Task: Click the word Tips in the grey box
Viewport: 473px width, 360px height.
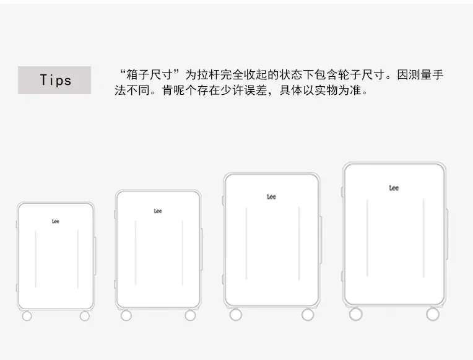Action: tap(56, 81)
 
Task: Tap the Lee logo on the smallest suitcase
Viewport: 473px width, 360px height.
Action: tap(56, 221)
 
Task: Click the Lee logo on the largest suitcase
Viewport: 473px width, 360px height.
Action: tap(394, 188)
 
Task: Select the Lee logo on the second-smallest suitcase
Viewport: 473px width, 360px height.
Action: tap(158, 211)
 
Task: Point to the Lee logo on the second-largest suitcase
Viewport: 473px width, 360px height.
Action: tap(272, 197)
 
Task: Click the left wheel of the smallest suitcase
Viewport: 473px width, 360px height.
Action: tap(27, 316)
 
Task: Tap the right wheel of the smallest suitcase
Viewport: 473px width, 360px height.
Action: tap(85, 316)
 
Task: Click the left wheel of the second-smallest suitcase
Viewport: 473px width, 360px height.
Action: tap(126, 315)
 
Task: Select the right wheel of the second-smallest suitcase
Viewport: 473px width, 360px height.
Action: tap(190, 315)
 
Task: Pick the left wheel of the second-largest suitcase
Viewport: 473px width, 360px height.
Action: tap(236, 315)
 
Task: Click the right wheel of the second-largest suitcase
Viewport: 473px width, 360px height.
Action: tap(308, 315)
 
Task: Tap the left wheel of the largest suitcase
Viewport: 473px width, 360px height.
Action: tap(356, 314)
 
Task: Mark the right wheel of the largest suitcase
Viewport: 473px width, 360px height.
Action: tap(433, 314)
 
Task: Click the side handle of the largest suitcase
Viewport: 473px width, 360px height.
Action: tap(447, 234)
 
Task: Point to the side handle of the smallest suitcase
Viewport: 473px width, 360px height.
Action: tap(95, 256)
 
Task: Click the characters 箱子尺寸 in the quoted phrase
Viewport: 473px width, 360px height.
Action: tap(150, 74)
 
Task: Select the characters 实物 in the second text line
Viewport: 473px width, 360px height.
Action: tap(326, 90)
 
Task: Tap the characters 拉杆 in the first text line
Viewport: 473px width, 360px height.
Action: tap(209, 74)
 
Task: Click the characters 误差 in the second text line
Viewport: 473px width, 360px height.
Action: tap(256, 90)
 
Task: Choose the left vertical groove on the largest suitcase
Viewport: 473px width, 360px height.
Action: tap(367, 238)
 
